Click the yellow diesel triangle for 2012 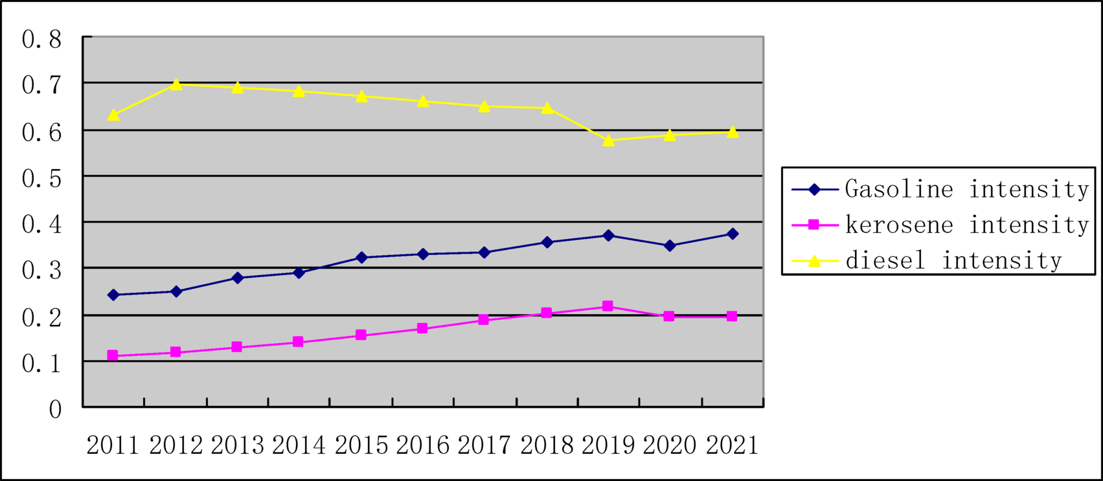[x=176, y=84]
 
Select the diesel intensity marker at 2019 [x=608, y=140]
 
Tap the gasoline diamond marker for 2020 [x=670, y=245]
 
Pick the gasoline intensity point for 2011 [x=113, y=295]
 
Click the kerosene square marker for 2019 [x=608, y=306]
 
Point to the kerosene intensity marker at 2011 [x=113, y=355]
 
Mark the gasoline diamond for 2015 [x=361, y=258]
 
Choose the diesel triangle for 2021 [x=733, y=132]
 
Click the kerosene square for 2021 [x=732, y=316]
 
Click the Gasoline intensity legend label [x=966, y=189]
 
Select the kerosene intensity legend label [x=966, y=225]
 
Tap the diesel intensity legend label [x=953, y=260]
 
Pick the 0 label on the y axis [x=55, y=409]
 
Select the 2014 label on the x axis [x=299, y=445]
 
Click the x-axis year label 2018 [x=547, y=445]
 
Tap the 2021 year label [x=732, y=445]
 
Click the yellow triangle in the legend [x=815, y=260]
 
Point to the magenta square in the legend [x=815, y=225]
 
